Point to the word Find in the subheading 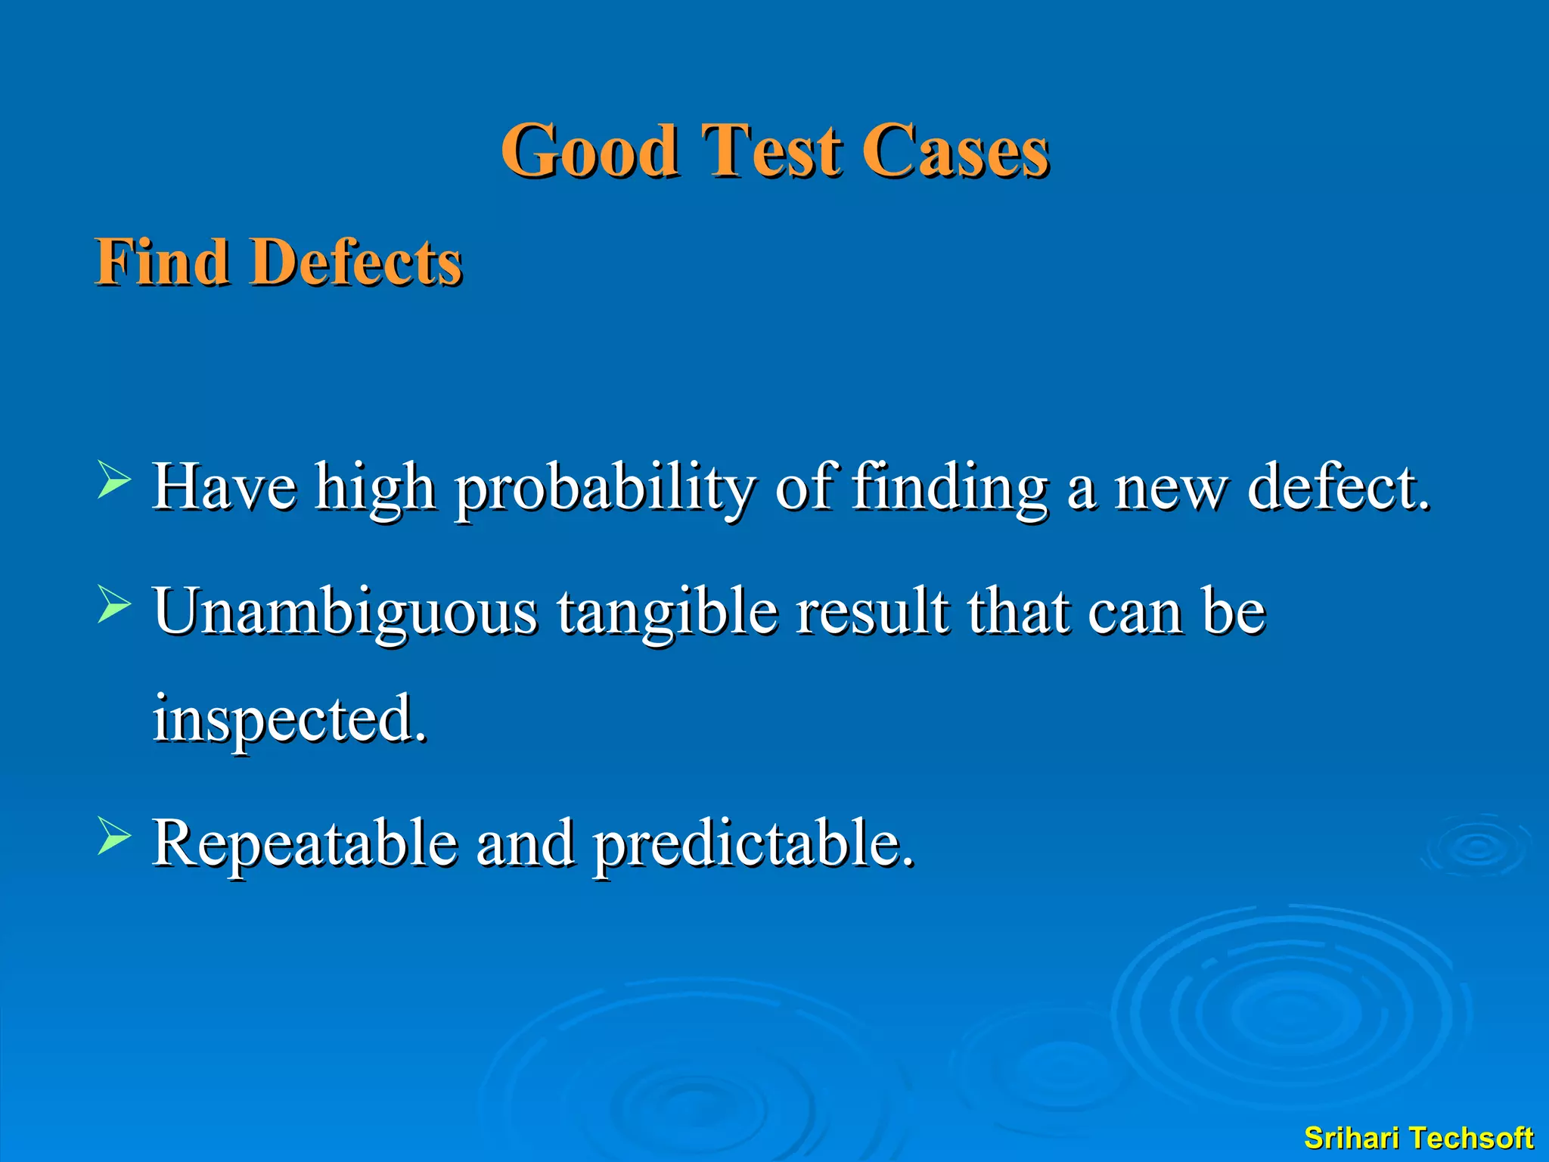[x=162, y=262]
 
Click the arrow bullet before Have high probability [x=114, y=482]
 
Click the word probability [x=604, y=489]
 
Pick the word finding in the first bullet [x=950, y=489]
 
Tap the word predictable [x=753, y=844]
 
